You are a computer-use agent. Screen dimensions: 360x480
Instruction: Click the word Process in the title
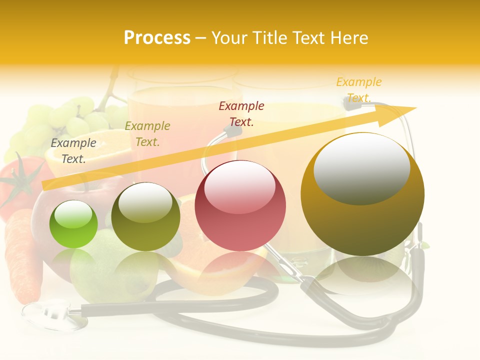[x=157, y=38]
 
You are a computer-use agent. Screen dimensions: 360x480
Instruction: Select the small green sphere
[x=73, y=224]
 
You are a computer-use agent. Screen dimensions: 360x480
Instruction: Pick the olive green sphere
[x=145, y=217]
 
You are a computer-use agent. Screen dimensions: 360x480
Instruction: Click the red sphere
[x=240, y=206]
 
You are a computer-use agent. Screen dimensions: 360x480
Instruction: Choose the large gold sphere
[x=362, y=194]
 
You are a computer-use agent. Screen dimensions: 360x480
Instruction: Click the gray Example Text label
[x=73, y=151]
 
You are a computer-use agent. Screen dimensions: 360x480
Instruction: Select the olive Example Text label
[x=147, y=134]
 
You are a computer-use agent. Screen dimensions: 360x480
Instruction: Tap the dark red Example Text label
[x=241, y=113]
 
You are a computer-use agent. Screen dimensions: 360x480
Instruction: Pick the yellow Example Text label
[x=358, y=89]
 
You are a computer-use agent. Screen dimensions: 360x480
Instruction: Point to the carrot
[x=22, y=255]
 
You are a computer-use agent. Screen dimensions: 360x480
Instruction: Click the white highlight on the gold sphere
[x=361, y=168]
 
